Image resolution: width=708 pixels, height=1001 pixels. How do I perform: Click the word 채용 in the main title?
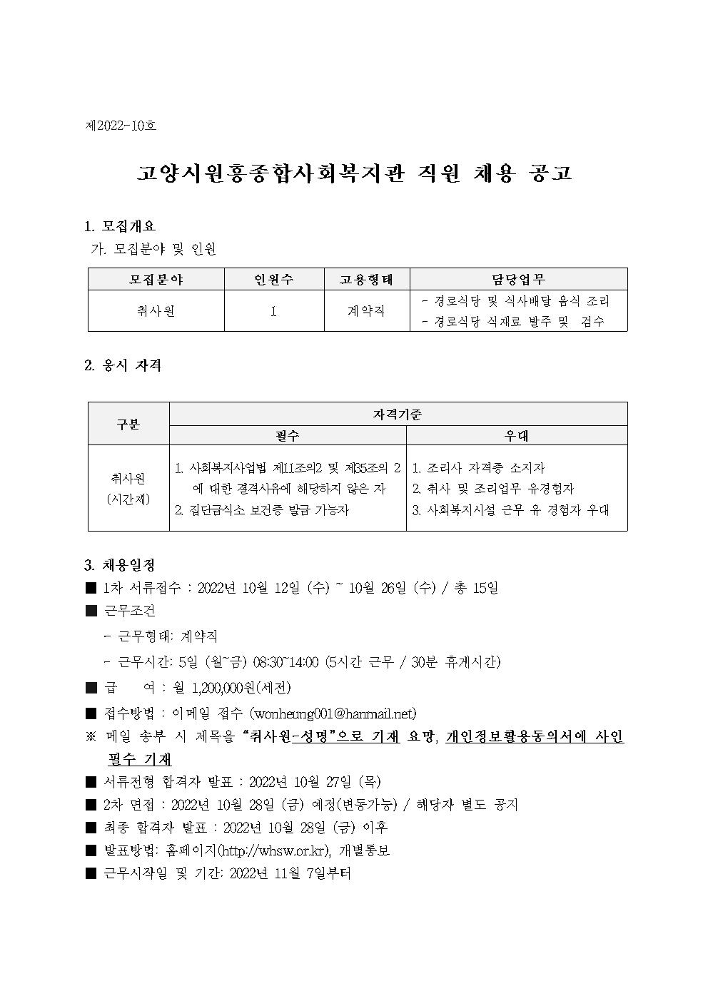pyautogui.click(x=492, y=173)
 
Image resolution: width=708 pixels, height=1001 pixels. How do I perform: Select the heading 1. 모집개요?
pyautogui.click(x=119, y=227)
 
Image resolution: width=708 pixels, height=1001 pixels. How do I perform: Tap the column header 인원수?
pyautogui.click(x=273, y=279)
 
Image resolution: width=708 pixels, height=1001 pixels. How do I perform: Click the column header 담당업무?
pyautogui.click(x=518, y=279)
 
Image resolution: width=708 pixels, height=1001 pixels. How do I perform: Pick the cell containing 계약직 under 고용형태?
pyautogui.click(x=366, y=311)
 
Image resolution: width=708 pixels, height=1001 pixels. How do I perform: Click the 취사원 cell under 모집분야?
pyautogui.click(x=156, y=311)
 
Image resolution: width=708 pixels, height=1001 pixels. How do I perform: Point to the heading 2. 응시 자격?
pyautogui.click(x=122, y=365)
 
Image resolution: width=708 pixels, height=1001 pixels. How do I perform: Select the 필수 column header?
pyautogui.click(x=287, y=435)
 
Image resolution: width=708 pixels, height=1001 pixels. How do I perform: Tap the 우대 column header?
pyautogui.click(x=517, y=435)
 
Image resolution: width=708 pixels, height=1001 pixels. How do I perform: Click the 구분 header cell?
pyautogui.click(x=128, y=424)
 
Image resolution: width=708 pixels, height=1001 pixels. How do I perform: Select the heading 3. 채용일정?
pyautogui.click(x=119, y=566)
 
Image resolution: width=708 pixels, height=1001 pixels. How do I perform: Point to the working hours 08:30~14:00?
pyautogui.click(x=285, y=662)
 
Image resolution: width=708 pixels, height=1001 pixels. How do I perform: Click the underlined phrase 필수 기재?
pyautogui.click(x=140, y=759)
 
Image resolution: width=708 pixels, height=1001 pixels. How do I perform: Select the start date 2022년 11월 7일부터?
pyautogui.click(x=290, y=873)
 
